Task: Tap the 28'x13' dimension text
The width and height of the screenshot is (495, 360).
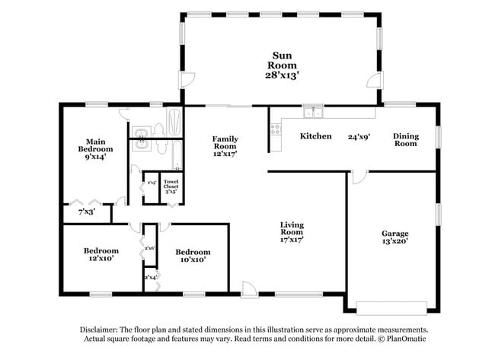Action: point(281,75)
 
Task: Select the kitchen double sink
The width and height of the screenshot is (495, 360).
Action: point(312,114)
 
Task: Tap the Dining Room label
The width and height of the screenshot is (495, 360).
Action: point(405,139)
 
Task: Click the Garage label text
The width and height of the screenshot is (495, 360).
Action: point(395,233)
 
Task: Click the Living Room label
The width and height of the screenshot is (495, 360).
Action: point(292,228)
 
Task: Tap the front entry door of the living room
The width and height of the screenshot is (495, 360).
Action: point(248,288)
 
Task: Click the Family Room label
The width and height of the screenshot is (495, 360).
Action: point(225,143)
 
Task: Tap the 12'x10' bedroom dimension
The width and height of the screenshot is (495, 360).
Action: point(101,259)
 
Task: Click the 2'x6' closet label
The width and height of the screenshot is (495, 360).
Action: point(149,248)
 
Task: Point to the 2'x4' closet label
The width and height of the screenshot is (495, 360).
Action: point(149,277)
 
